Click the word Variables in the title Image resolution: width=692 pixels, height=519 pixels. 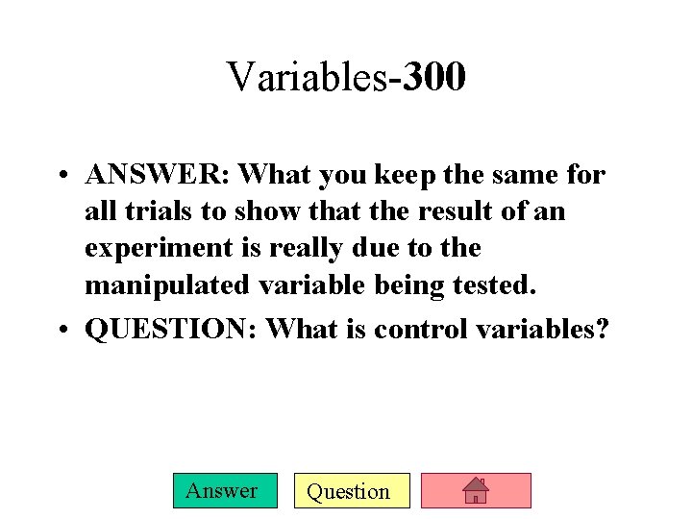click(307, 77)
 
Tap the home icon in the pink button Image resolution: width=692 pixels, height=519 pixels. click(476, 491)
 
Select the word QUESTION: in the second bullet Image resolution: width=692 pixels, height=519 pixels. click(171, 329)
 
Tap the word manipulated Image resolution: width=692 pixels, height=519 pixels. click(165, 285)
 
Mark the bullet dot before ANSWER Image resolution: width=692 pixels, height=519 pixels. click(61, 176)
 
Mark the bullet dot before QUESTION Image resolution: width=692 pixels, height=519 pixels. click(61, 330)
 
